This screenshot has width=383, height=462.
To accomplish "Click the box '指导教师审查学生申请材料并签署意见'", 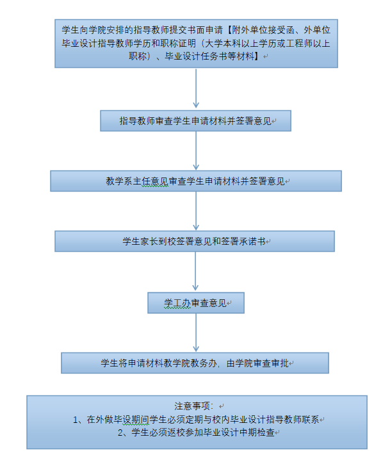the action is point(195,121).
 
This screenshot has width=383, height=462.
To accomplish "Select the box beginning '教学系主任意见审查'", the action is point(196,181).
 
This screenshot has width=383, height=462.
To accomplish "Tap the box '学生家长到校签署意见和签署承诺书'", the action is point(195,242).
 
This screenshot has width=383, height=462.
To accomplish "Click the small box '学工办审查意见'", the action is point(196,302).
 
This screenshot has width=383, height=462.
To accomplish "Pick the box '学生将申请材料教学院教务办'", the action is point(195,363).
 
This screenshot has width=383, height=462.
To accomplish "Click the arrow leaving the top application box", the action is point(196,88).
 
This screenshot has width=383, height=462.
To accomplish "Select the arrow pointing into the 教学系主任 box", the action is point(196,151).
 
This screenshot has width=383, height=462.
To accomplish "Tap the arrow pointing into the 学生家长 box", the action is point(196,211).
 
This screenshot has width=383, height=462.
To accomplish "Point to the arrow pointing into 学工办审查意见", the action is point(195,271).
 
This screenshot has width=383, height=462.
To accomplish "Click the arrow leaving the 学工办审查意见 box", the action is point(196,333).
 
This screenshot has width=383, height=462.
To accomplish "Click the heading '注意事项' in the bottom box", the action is point(192,406).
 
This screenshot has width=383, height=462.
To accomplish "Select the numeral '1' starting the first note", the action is point(76,420).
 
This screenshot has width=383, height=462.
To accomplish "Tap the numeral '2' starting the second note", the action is point(120,433).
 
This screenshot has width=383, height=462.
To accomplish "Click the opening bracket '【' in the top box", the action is point(229,30).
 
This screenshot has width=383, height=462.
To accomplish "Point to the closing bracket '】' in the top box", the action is point(258,56).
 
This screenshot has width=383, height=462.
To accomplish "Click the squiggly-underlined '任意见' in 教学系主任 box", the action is point(155,181).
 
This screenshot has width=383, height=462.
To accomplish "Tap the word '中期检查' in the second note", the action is point(257,433).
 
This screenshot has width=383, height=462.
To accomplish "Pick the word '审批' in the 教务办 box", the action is point(280,363).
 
